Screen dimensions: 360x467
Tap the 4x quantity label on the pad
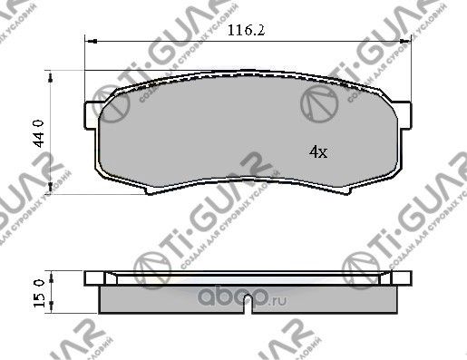(x=317, y=153)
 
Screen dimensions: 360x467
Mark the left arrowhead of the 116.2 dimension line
(x=88, y=42)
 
